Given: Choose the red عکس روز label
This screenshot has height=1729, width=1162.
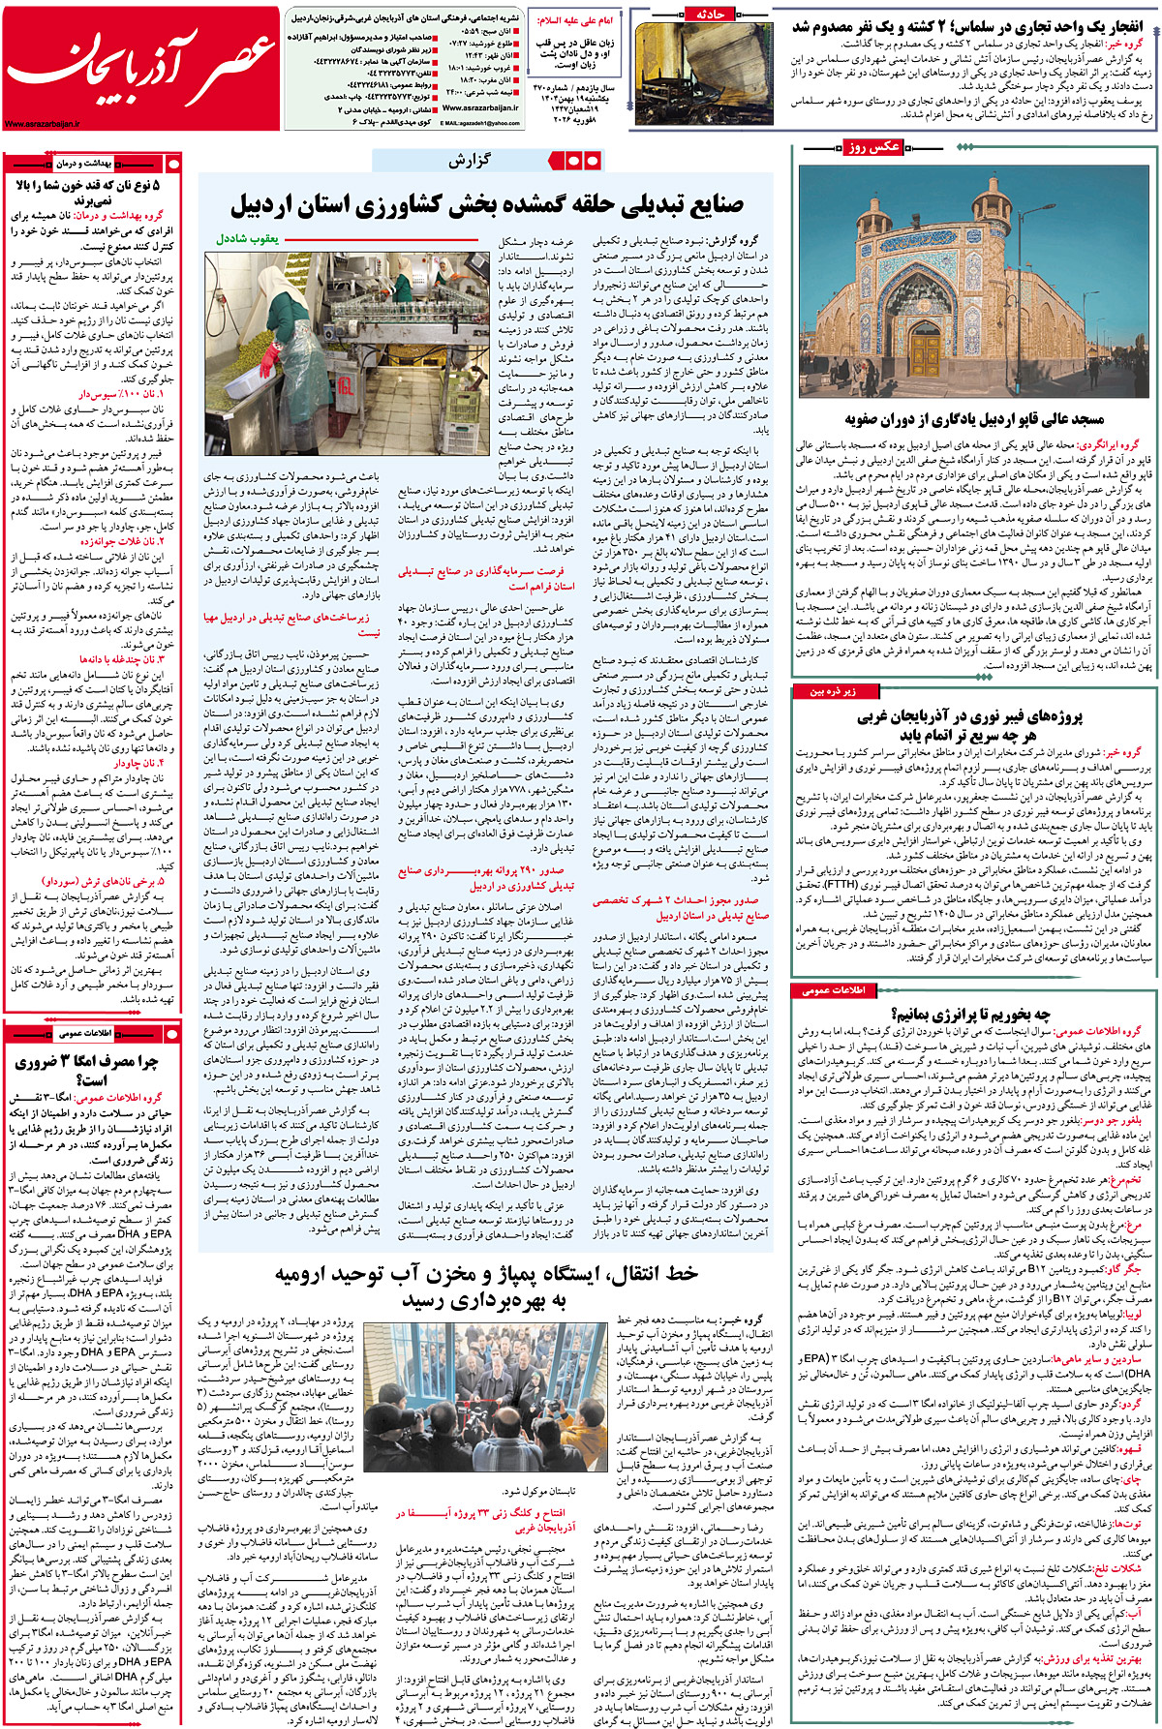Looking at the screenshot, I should pos(872,147).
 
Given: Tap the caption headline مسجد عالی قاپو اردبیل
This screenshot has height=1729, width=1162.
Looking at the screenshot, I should pos(974,419).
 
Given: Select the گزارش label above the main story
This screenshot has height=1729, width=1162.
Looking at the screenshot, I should pos(470,161).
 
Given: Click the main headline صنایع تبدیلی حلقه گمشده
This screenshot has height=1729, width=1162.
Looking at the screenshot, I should pos(486,204).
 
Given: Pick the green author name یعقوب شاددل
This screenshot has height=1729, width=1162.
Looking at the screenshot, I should pos(247,238).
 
